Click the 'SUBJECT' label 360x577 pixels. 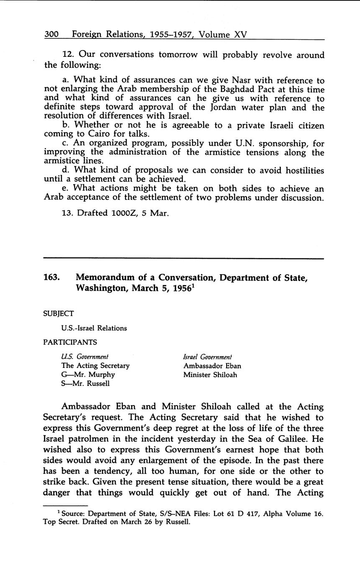[59, 313]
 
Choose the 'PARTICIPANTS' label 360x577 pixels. [70, 342]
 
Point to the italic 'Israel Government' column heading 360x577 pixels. [207, 357]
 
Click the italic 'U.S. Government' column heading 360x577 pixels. [85, 357]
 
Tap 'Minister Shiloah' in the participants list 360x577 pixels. [210, 375]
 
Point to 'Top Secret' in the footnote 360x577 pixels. [59, 522]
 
